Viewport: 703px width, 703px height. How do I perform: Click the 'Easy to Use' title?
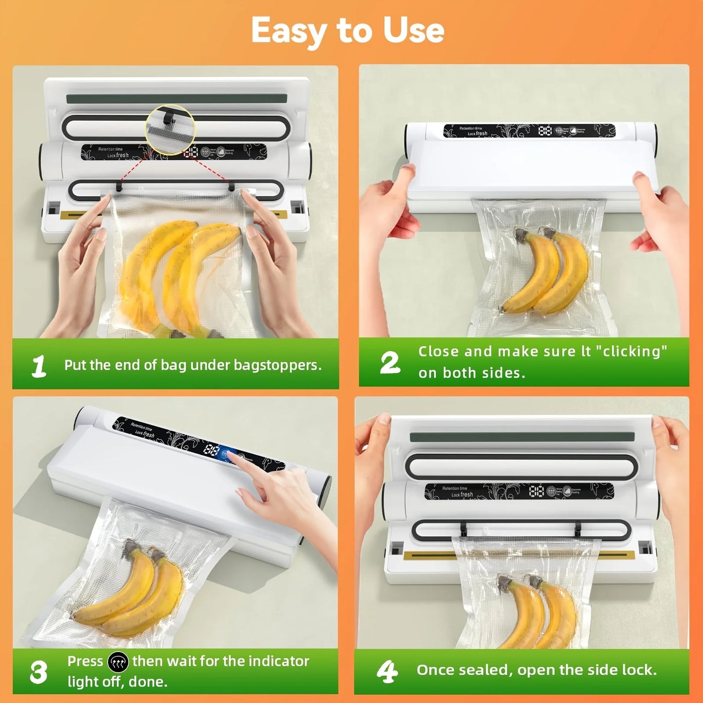(347, 30)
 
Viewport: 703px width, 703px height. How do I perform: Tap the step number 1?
(39, 366)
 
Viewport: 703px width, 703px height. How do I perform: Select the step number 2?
(390, 363)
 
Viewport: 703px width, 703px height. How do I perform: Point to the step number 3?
(38, 672)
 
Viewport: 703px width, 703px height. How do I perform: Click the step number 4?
(387, 671)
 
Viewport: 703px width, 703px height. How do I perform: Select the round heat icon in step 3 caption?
(118, 662)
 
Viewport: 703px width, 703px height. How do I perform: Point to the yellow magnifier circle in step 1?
(170, 129)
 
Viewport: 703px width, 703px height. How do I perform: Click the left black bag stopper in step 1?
(119, 186)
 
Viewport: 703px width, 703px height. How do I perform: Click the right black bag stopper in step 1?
(232, 186)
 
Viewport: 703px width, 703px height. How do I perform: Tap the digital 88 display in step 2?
(544, 130)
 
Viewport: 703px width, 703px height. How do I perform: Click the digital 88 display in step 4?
(536, 491)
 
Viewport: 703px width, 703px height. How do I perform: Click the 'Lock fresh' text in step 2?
(477, 133)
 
